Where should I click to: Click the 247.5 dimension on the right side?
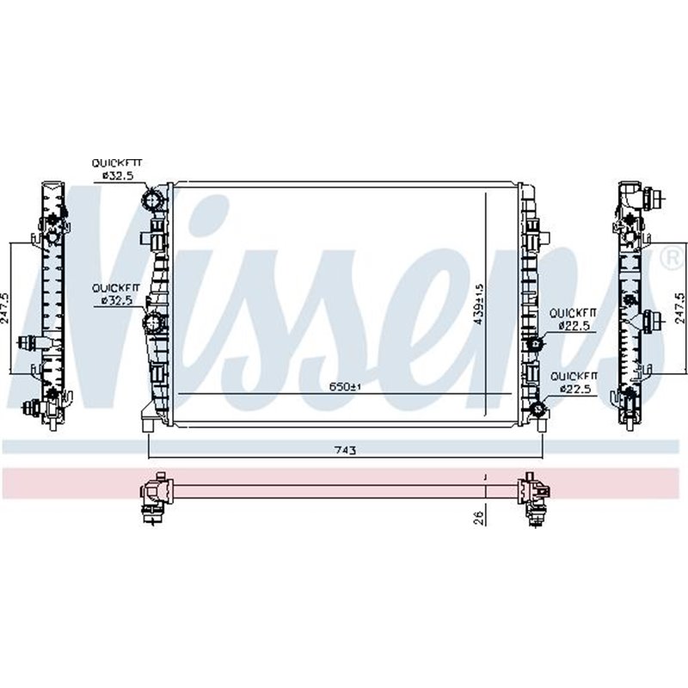pyautogui.click(x=680, y=308)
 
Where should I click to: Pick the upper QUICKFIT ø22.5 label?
pyautogui.click(x=574, y=319)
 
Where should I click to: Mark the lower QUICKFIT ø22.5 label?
pyautogui.click(x=574, y=383)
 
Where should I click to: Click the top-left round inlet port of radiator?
pyautogui.click(x=154, y=200)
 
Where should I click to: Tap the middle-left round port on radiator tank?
pyautogui.click(x=154, y=324)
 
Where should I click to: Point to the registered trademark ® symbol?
pyautogui.click(x=668, y=256)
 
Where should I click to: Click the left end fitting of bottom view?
pyautogui.click(x=156, y=497)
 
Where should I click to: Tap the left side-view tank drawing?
pyautogui.click(x=51, y=301)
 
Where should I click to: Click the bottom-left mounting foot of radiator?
pyautogui.click(x=148, y=423)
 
